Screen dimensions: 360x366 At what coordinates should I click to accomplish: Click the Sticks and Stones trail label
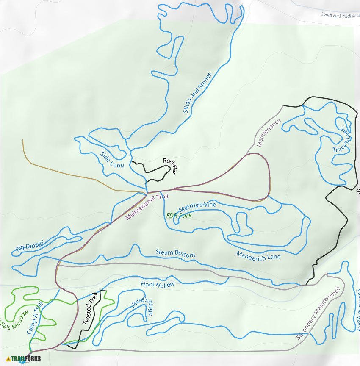coord(197,93)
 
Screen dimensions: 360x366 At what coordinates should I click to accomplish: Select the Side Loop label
coord(112,159)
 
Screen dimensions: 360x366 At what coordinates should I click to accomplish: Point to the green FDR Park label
coord(179,216)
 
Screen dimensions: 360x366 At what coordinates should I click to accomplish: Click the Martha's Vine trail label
coord(197,207)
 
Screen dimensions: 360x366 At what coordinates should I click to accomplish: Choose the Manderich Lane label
coord(258,255)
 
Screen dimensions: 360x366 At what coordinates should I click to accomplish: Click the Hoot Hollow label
coord(158,285)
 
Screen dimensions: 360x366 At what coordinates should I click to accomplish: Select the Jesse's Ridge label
coord(142,306)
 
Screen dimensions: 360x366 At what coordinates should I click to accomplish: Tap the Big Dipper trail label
coord(30,245)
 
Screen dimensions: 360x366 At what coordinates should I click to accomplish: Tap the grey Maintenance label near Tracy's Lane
coord(269,133)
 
